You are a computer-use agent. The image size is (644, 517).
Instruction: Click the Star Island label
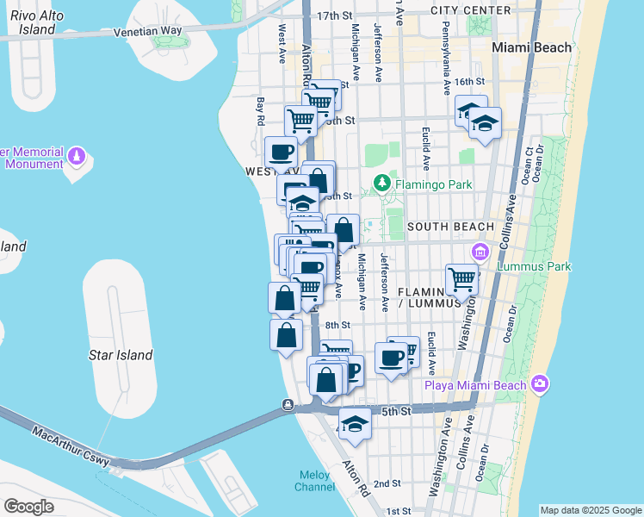tap(121, 355)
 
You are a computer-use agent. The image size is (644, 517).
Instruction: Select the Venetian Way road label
tap(148, 32)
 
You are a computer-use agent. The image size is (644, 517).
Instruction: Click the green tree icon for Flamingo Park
tap(382, 184)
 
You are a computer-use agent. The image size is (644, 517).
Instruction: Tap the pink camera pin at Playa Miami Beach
tap(540, 383)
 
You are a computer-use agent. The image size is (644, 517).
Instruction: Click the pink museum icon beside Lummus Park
tap(480, 252)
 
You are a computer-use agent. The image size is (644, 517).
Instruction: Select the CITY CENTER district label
tap(472, 10)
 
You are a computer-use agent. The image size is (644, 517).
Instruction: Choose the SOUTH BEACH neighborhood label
tap(450, 227)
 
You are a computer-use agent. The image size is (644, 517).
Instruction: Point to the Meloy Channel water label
tap(316, 481)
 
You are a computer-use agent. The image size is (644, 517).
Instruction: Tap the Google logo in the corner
tap(28, 507)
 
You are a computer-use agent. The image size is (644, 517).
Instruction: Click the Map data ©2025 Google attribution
tap(590, 510)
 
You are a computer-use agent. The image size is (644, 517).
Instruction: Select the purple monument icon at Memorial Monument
tap(77, 157)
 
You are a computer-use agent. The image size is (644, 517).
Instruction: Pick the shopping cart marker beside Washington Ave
tap(462, 279)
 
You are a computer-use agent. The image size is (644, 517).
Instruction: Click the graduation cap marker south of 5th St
tap(354, 424)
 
